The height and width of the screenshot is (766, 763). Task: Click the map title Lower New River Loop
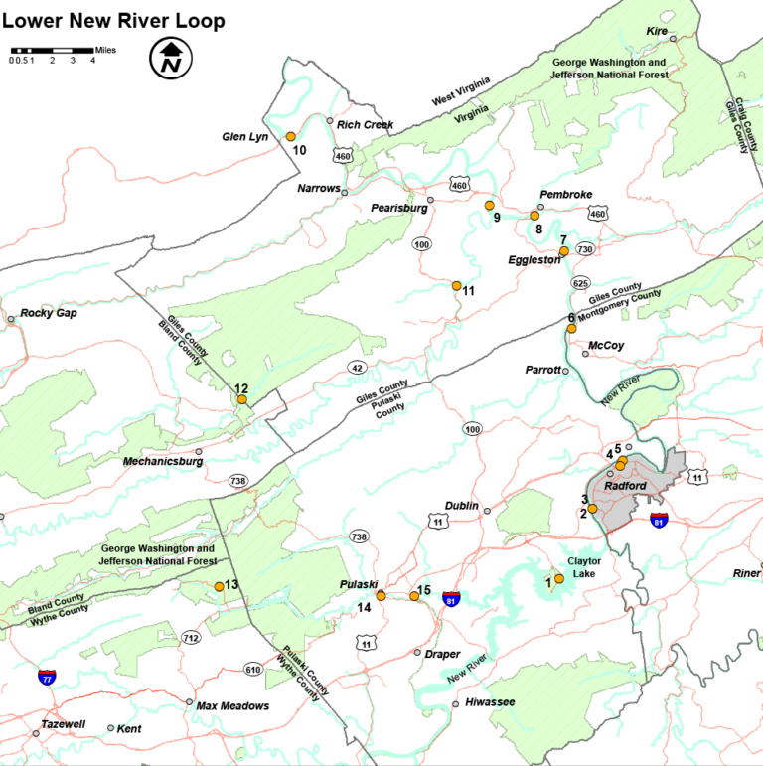coord(113,21)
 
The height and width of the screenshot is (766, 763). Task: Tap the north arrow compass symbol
coord(170,58)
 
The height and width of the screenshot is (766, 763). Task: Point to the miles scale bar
coord(51,50)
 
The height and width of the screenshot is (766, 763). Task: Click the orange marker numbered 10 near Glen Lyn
coord(291,136)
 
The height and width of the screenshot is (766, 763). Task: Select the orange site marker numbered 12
coord(241,400)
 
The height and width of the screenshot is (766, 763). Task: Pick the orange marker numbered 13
coord(220,586)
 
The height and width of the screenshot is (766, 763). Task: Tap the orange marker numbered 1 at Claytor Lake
coord(559,578)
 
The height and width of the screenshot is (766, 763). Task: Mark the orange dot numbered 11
coord(457,286)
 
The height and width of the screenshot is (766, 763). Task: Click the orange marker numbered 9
coord(489,205)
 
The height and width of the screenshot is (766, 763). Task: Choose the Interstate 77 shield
coord(47,678)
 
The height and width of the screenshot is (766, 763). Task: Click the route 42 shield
coord(356,368)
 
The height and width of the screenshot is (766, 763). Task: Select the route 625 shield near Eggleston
coord(580,283)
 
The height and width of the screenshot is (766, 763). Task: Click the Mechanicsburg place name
coord(163,462)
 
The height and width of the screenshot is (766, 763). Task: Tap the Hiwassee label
coord(490,702)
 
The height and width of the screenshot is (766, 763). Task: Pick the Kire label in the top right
coord(657,32)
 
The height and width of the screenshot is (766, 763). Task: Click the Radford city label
coord(626,485)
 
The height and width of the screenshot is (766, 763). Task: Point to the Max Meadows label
coord(232,706)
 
